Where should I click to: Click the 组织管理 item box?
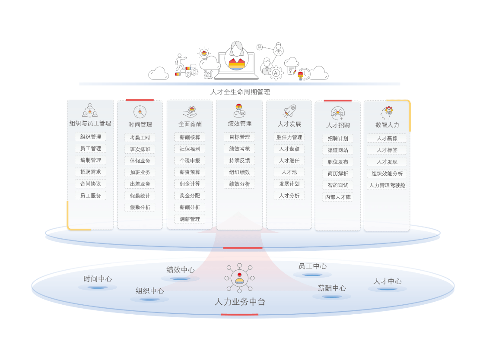click(x=91, y=137)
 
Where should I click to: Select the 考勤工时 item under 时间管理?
click(x=140, y=138)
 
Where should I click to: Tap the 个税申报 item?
click(x=190, y=161)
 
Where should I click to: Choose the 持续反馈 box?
click(x=239, y=161)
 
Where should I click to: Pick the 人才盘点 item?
click(x=289, y=149)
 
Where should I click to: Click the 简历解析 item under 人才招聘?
click(x=338, y=174)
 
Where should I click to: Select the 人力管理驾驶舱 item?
click(x=387, y=185)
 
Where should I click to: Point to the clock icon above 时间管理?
click(x=140, y=112)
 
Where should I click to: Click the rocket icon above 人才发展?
click(x=289, y=111)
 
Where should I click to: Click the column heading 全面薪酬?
click(x=190, y=124)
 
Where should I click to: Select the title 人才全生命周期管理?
click(x=240, y=92)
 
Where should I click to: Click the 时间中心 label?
click(x=98, y=279)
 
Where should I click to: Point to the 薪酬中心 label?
click(x=332, y=288)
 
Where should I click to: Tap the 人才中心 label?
click(x=387, y=281)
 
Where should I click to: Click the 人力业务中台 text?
click(x=240, y=302)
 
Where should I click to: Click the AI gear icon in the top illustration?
click(x=276, y=73)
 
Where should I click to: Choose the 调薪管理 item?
click(x=190, y=219)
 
